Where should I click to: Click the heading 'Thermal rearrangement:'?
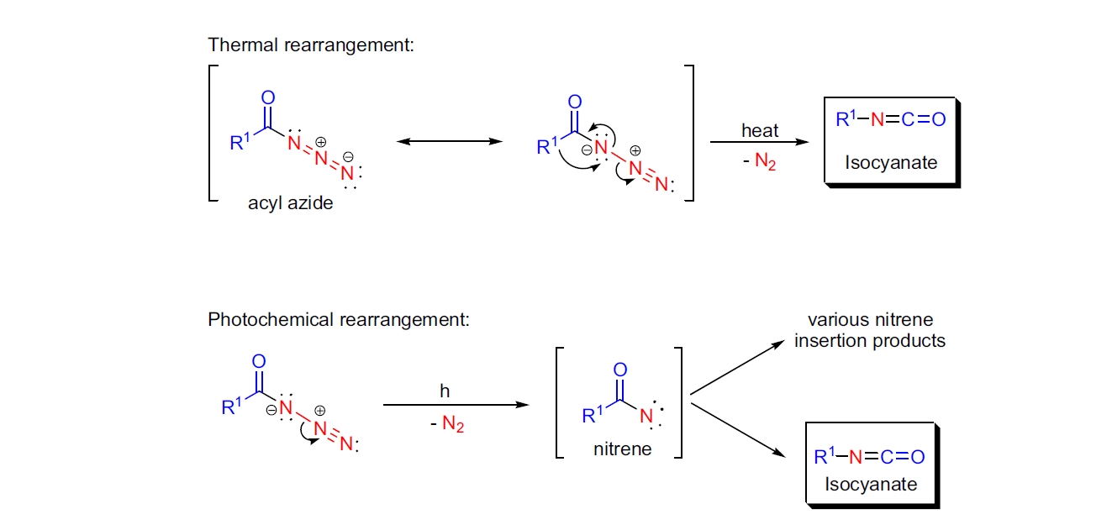click(311, 45)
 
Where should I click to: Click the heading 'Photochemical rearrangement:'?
click(339, 320)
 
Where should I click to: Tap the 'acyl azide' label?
click(291, 203)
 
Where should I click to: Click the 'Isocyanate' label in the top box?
click(891, 162)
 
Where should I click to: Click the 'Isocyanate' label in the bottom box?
click(871, 484)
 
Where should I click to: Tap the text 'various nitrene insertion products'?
click(870, 330)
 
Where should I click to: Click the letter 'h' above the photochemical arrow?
click(445, 391)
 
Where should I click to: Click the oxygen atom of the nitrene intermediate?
click(620, 370)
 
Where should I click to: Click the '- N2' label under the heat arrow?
click(759, 160)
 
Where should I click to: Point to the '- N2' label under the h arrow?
click(445, 425)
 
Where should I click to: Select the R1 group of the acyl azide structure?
click(241, 142)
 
